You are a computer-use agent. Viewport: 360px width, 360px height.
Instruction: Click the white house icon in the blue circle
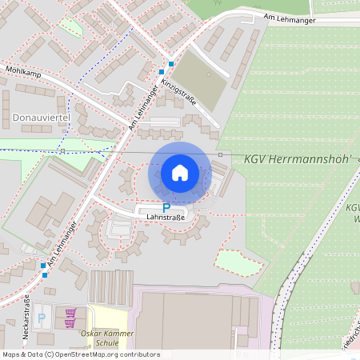coord(180,172)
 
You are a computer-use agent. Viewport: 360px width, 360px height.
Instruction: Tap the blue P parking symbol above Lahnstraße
coord(166,207)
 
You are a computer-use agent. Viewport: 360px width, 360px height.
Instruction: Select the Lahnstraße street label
coord(166,217)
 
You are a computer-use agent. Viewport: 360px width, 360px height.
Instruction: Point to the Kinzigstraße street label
coord(179,90)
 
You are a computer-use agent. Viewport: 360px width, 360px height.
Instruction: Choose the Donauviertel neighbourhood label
coord(42,118)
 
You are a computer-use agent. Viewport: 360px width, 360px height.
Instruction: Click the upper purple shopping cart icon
coord(70,312)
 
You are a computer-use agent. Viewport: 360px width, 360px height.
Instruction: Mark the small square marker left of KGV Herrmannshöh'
coord(220,154)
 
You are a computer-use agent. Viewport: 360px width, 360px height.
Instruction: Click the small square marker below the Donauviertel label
coord(62,150)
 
